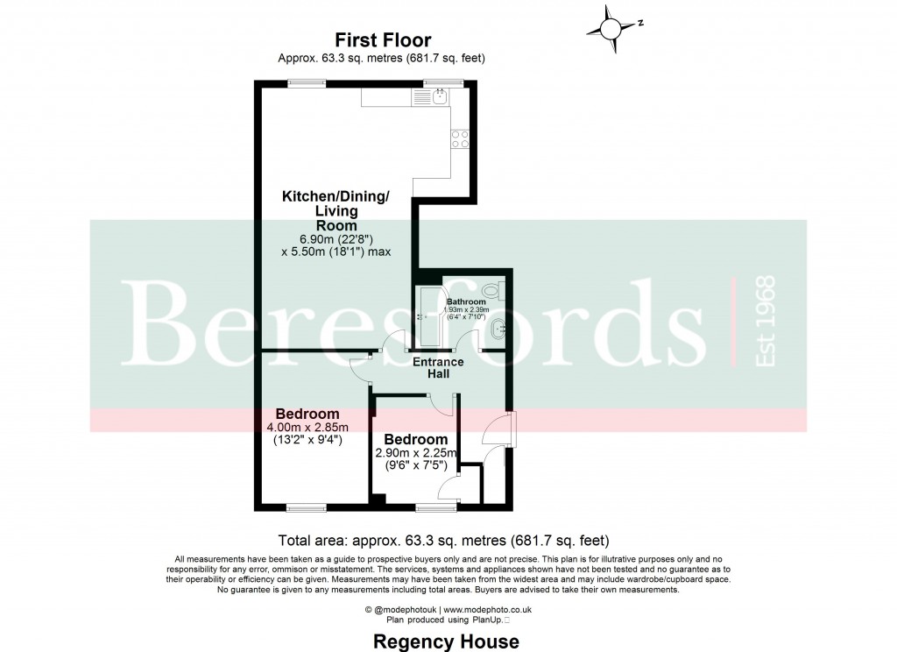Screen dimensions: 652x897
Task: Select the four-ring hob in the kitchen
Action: coord(460,139)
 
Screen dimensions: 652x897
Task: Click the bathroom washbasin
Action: coord(498,330)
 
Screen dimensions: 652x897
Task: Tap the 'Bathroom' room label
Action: coord(466,301)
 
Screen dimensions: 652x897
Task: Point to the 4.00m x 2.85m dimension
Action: coord(307,428)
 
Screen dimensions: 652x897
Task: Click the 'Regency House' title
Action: coord(446,641)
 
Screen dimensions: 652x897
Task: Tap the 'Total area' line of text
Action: coord(443,540)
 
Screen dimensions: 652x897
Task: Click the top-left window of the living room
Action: coord(306,83)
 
